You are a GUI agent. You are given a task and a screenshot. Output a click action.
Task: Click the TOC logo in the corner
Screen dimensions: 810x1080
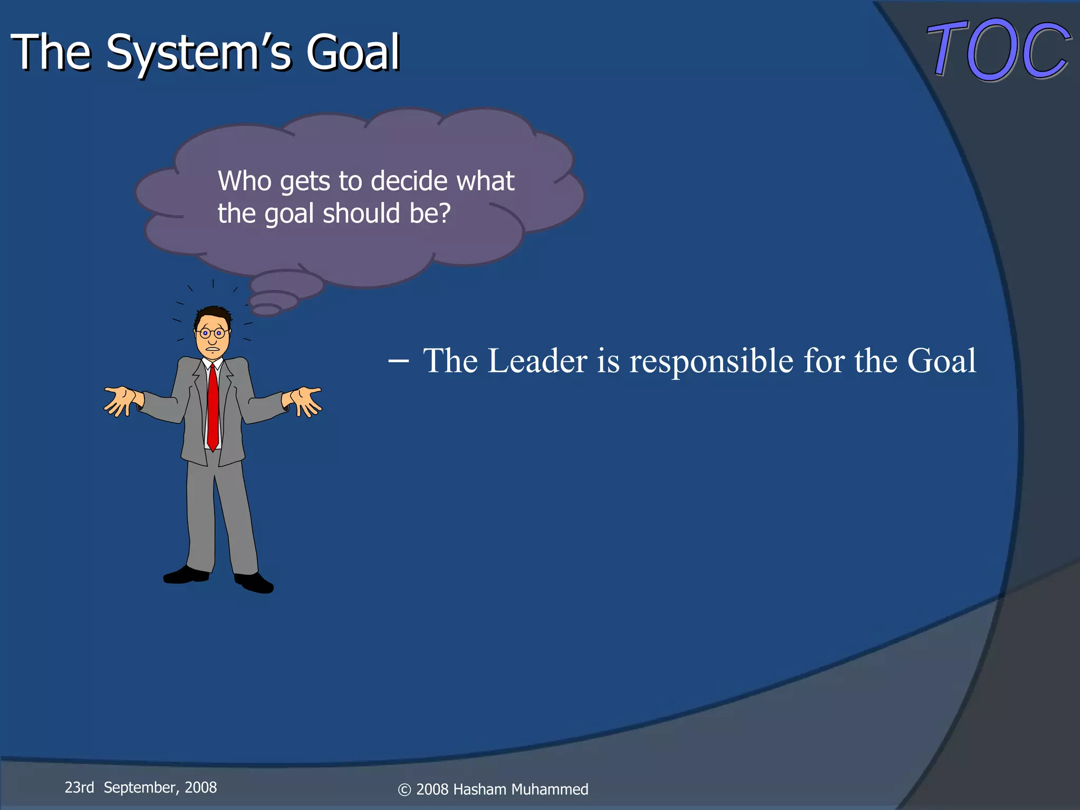(x=998, y=50)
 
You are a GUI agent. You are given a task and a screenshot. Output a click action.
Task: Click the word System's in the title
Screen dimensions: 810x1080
(x=198, y=53)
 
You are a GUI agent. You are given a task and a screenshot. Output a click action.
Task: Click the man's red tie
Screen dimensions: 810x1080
(x=213, y=406)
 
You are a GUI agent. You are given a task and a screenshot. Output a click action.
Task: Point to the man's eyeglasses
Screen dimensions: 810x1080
(x=212, y=333)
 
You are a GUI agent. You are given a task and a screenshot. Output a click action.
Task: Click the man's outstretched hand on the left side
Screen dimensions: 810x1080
(x=121, y=401)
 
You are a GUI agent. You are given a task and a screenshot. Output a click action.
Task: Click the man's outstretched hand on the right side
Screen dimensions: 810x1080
(x=305, y=401)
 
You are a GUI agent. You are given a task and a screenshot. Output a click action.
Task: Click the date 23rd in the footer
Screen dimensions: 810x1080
(x=79, y=787)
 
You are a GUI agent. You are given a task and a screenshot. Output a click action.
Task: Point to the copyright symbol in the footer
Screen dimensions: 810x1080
(x=404, y=790)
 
